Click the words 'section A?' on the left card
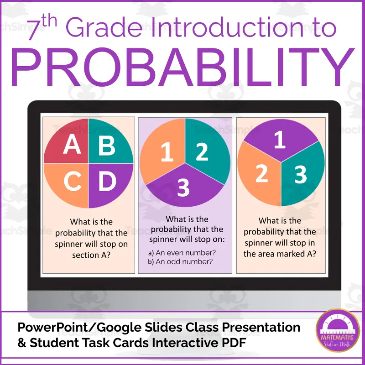tap(92, 255)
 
